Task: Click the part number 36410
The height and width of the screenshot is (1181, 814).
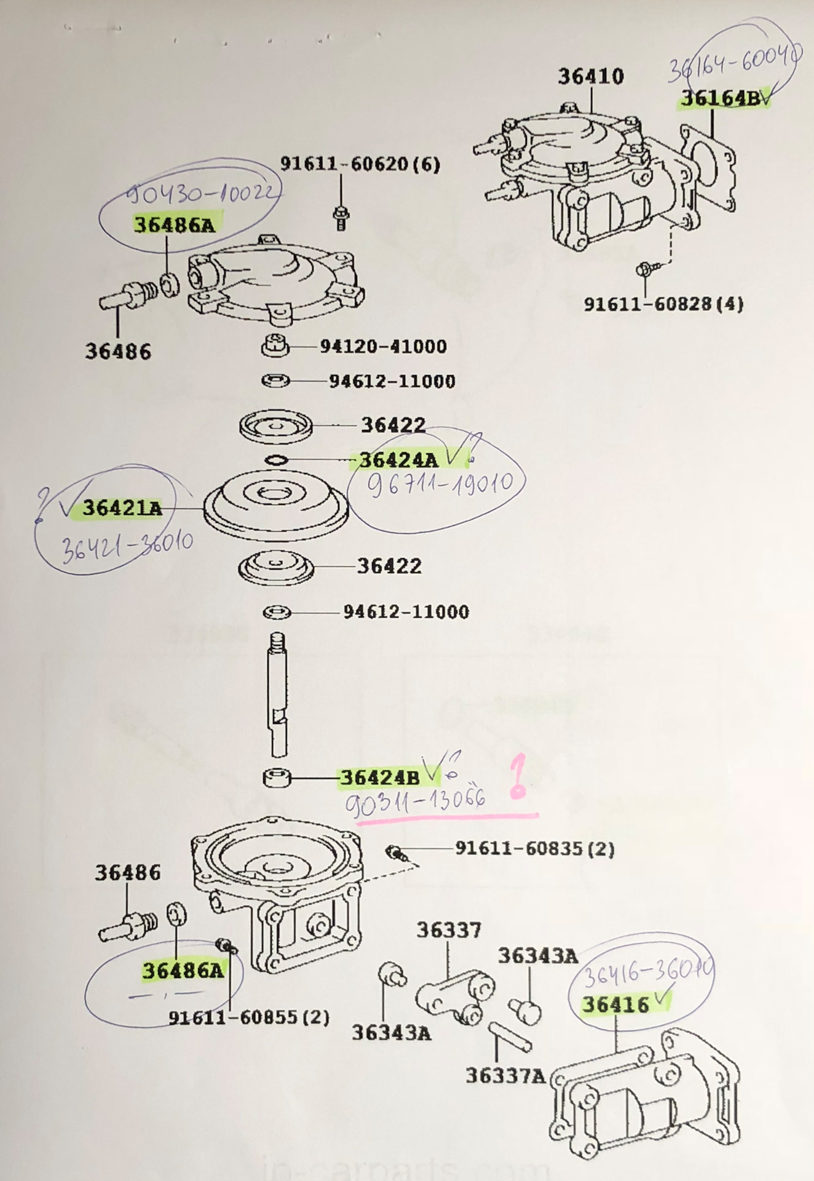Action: point(590,76)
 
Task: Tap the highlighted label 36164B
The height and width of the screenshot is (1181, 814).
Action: point(719,98)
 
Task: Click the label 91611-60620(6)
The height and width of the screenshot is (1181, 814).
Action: point(360,164)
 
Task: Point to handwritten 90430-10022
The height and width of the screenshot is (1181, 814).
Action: point(202,194)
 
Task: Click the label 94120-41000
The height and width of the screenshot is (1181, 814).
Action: point(383,346)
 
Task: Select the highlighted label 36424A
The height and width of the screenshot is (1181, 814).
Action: point(399,459)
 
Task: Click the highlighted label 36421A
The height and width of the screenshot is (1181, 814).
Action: point(122,508)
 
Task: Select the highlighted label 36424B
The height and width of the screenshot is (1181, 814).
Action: point(379,777)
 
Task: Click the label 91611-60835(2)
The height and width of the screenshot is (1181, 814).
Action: point(534,849)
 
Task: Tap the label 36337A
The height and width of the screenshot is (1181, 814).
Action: point(505,1076)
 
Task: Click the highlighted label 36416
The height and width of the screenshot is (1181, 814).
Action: point(615,1005)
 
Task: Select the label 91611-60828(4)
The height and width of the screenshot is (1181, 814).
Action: point(663,304)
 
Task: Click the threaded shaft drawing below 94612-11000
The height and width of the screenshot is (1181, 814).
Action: point(278,695)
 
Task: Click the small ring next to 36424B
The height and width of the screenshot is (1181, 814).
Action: point(277,778)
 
